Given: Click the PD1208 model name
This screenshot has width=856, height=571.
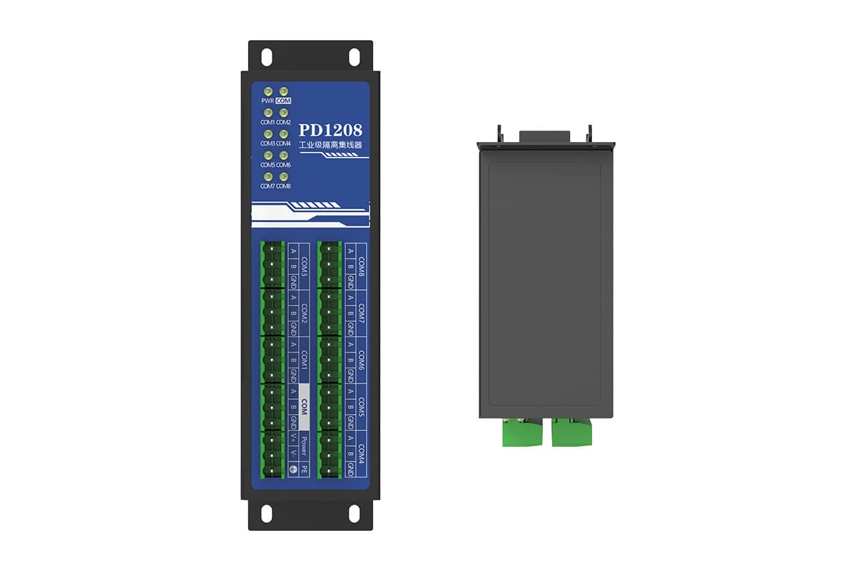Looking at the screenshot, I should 330,131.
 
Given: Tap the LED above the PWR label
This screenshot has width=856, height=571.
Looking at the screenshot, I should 267,92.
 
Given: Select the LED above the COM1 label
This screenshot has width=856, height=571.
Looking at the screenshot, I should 267,113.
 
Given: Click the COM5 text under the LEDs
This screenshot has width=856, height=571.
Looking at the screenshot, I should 267,165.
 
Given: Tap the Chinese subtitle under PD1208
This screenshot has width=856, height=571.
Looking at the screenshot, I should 330,145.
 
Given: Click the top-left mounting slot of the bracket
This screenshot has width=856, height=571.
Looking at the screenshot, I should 266,56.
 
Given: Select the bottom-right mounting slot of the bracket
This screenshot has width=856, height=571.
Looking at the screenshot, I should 354,512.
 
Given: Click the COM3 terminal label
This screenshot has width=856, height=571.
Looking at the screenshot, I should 305,267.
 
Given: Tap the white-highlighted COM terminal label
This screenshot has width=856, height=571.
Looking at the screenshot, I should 304,406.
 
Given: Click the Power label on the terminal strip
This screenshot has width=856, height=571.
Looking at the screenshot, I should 304,446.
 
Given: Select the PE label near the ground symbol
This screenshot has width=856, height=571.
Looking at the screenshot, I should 305,470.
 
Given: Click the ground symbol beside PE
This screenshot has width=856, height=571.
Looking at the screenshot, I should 293,470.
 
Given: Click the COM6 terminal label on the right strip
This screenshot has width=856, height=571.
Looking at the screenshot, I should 361,360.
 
